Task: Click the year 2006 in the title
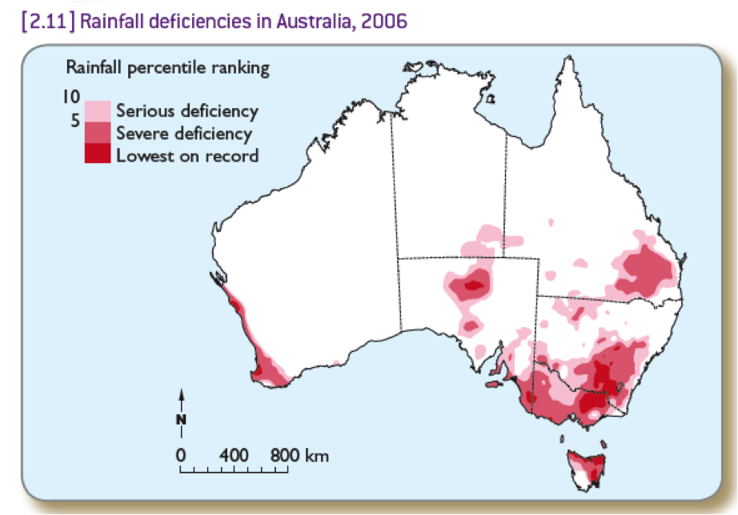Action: [x=383, y=19]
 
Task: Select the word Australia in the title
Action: [x=309, y=19]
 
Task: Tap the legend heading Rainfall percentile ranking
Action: [x=167, y=68]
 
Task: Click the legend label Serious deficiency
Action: [x=187, y=111]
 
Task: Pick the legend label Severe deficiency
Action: [x=183, y=134]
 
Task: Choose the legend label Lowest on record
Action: [x=187, y=155]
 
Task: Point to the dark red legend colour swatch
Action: [x=97, y=154]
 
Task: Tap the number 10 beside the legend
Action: [x=72, y=97]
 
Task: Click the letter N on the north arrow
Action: [x=182, y=418]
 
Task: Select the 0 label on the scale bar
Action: [x=181, y=455]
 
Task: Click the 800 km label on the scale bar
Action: [x=300, y=455]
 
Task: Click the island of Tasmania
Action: [x=587, y=470]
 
